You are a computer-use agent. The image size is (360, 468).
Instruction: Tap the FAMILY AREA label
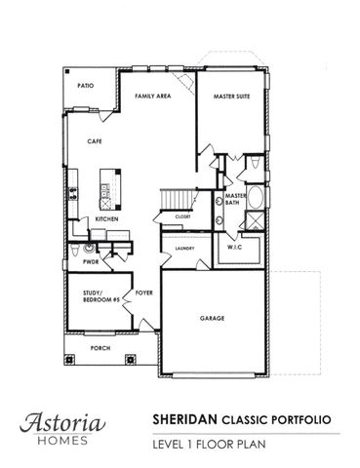click(x=152, y=97)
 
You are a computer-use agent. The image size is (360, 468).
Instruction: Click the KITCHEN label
click(x=107, y=220)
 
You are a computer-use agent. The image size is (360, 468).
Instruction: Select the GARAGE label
click(x=213, y=319)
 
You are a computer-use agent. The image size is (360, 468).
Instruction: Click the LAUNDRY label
click(x=185, y=249)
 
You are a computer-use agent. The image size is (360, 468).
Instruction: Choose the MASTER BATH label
click(x=235, y=200)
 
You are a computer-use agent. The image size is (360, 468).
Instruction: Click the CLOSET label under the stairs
click(x=181, y=216)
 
